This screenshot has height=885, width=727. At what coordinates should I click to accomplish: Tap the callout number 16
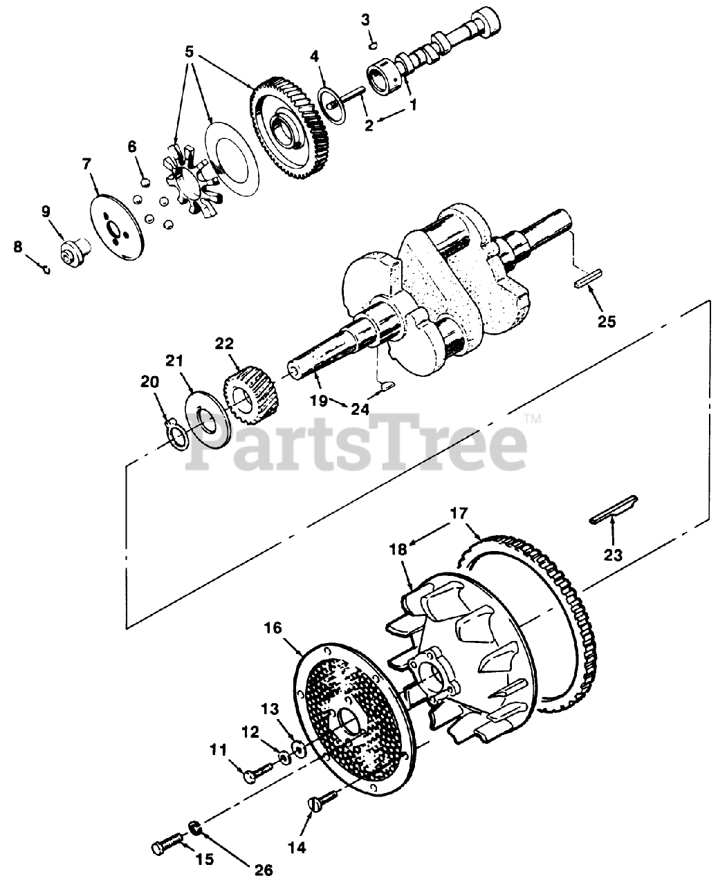point(273,628)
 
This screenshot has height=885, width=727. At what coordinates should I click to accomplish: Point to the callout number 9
point(46,210)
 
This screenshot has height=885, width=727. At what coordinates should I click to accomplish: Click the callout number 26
point(264,869)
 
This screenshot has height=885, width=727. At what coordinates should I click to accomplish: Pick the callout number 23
point(613,554)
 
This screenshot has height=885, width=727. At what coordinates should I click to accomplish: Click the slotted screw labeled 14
point(320,804)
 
